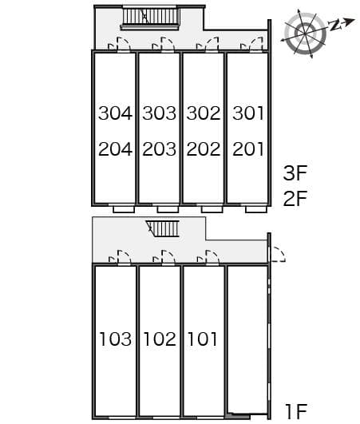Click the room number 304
tap(116, 113)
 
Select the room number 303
tap(160, 113)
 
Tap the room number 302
tap(204, 113)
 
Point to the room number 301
tap(247, 113)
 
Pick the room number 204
tap(116, 149)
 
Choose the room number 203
tap(160, 149)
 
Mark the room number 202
tap(204, 149)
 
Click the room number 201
tap(247, 149)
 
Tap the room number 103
tap(116, 339)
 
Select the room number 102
tap(160, 339)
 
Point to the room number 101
tap(203, 339)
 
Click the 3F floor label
tap(295, 173)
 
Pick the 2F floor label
tap(295, 198)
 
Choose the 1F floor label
tap(296, 411)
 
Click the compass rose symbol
tap(306, 34)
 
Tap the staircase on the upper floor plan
tap(151, 18)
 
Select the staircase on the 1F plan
tap(163, 228)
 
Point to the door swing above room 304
tap(120, 44)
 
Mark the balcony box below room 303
tap(168, 209)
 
